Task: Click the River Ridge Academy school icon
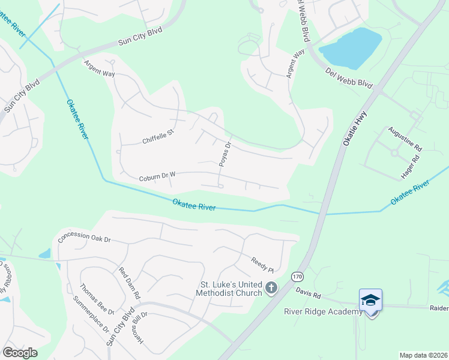click(x=370, y=300)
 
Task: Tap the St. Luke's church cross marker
click(x=271, y=289)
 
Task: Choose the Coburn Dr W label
click(x=157, y=178)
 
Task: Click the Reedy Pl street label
click(x=262, y=262)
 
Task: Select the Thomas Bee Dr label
click(x=97, y=299)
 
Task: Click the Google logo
click(x=20, y=352)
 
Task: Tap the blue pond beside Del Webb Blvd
click(x=352, y=47)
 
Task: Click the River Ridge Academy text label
click(x=323, y=311)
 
